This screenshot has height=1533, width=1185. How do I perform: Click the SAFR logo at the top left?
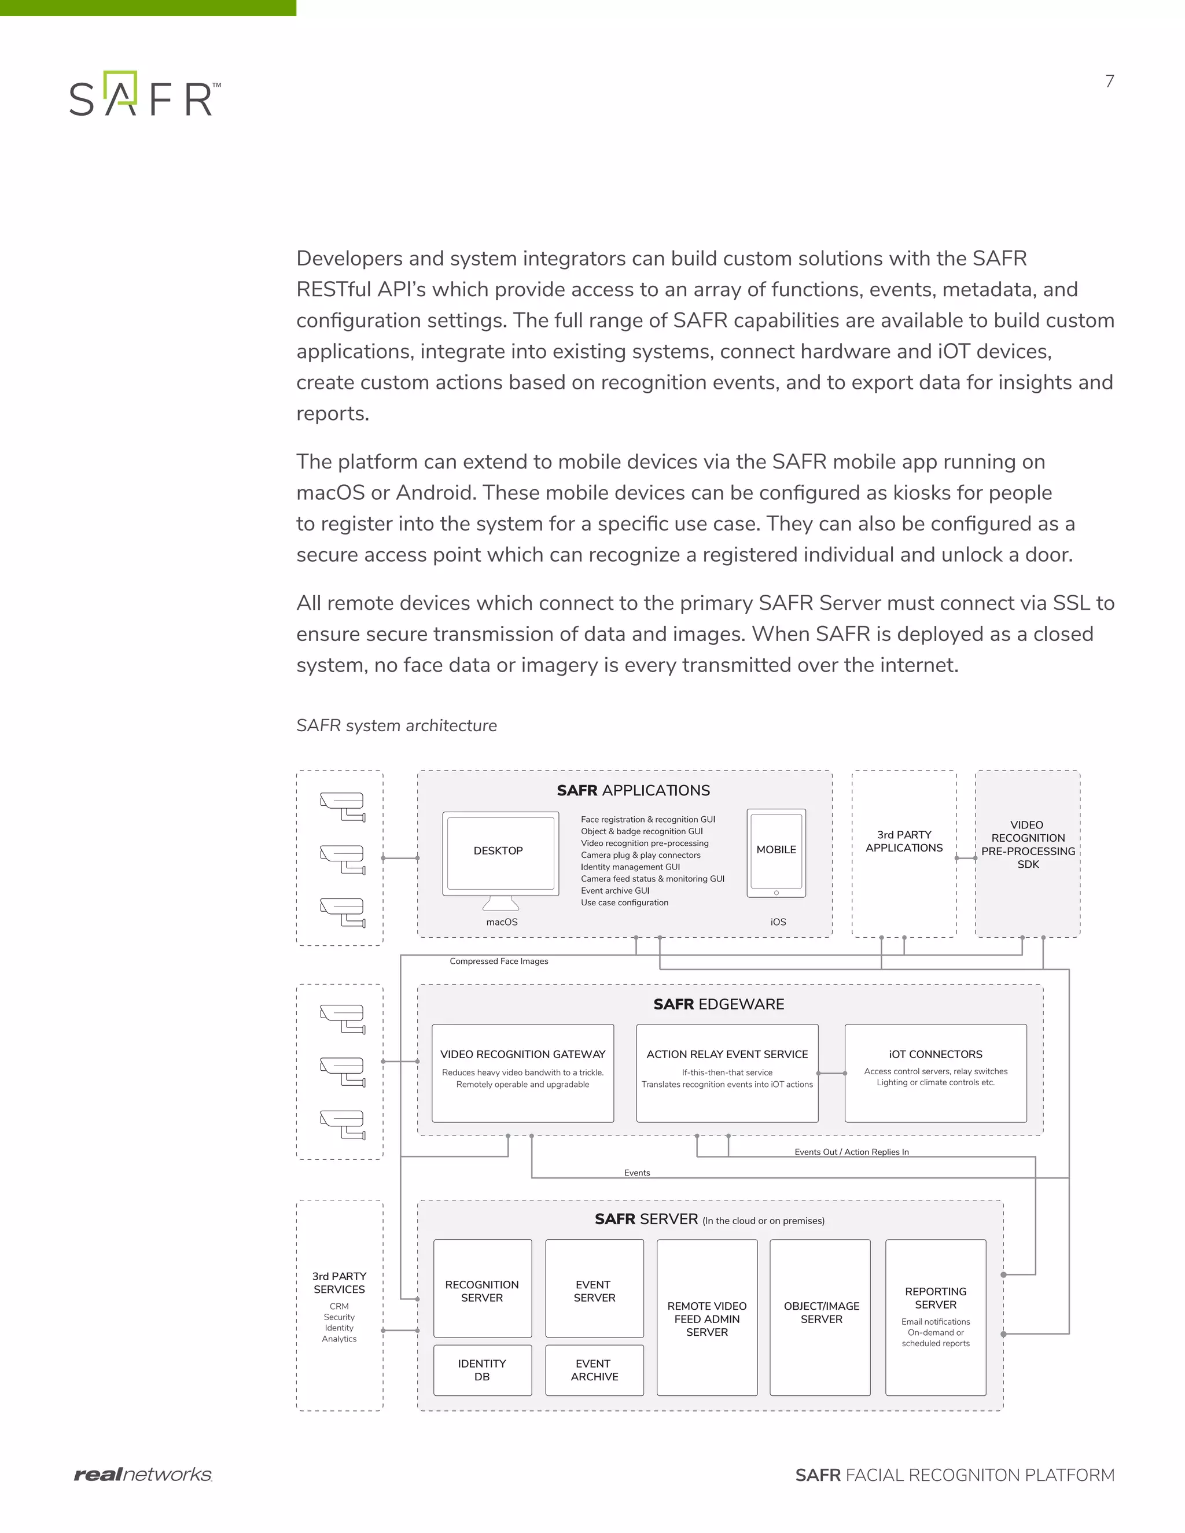(x=145, y=94)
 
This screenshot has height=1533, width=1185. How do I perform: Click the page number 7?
(x=1109, y=82)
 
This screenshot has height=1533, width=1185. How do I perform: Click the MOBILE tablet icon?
(x=776, y=852)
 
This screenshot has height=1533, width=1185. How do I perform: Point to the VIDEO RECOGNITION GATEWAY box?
(x=522, y=1073)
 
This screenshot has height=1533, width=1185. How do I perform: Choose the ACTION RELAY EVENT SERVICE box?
(x=727, y=1073)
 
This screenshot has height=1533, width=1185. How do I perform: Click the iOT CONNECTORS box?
(x=935, y=1073)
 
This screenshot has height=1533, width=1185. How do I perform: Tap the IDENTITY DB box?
(x=483, y=1369)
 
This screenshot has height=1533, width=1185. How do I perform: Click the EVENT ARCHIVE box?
(x=594, y=1369)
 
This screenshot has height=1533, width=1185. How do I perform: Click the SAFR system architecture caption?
(x=396, y=725)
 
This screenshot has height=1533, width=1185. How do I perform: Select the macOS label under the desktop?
(x=501, y=922)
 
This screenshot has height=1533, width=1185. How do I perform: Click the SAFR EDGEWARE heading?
(x=718, y=1004)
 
